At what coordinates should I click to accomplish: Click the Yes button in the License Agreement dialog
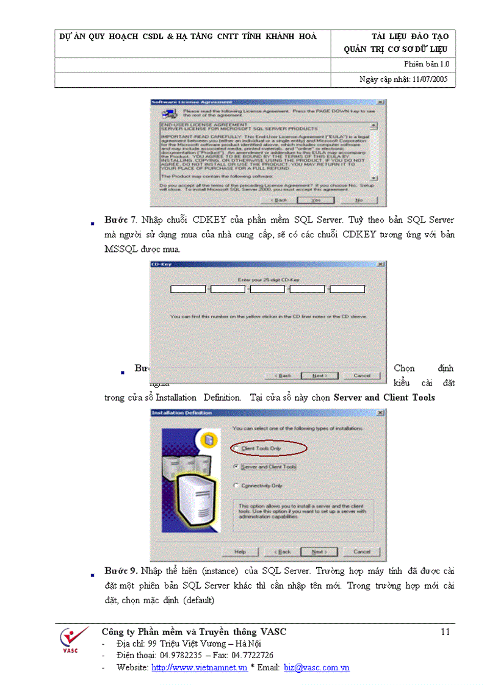[x=316, y=199]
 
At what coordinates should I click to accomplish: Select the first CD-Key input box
[x=188, y=289]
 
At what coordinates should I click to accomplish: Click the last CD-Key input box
[x=347, y=289]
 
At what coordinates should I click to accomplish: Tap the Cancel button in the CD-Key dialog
[x=362, y=375]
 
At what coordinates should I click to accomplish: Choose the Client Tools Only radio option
[x=236, y=448]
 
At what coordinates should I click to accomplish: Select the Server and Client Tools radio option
[x=236, y=467]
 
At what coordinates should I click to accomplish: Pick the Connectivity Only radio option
[x=236, y=486]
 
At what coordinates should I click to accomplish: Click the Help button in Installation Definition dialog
[x=240, y=551]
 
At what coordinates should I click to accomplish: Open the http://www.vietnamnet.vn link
[x=199, y=667]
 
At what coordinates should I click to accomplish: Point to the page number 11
[x=445, y=632]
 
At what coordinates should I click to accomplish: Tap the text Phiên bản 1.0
[x=427, y=64]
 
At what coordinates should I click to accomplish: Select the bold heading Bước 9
[x=120, y=571]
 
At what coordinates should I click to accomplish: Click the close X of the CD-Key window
[x=381, y=264]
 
